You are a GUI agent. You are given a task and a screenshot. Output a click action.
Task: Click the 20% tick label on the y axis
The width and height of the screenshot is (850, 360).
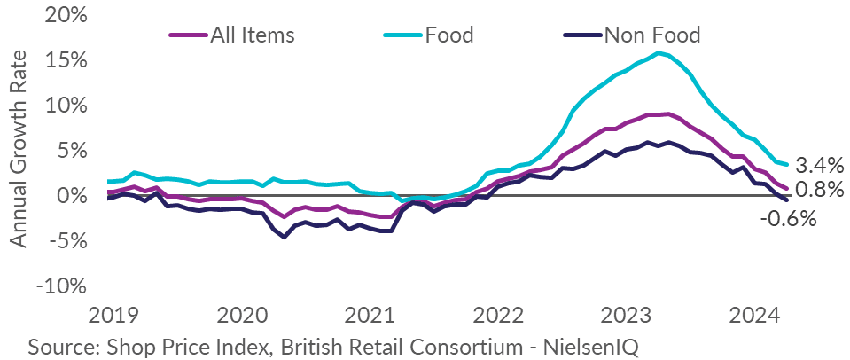(70, 15)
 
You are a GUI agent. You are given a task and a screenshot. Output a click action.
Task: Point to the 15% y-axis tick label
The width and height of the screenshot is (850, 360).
(70, 60)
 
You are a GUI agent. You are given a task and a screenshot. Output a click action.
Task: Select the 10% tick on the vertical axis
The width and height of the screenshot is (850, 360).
(70, 106)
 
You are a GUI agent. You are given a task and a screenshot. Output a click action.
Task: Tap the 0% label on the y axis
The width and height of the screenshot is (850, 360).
(76, 196)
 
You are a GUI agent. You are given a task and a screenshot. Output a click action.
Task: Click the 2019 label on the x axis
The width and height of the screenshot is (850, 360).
(109, 315)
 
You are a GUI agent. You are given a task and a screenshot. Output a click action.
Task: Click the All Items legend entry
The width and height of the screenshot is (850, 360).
(252, 35)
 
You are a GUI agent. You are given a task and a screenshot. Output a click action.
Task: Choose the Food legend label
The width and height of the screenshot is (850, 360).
(449, 35)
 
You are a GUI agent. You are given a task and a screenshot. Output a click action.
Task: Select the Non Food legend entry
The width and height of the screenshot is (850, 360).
(651, 35)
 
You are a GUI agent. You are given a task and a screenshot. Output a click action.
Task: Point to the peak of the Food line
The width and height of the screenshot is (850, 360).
(659, 52)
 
